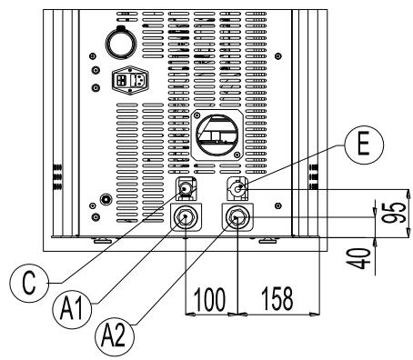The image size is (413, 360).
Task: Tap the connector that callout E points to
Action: tap(237, 190)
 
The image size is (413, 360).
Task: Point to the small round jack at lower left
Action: tap(106, 198)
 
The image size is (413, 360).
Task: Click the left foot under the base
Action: tap(100, 241)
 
